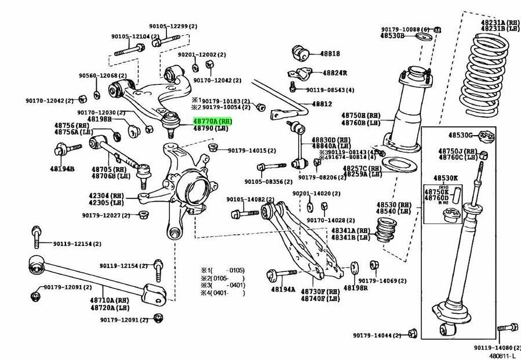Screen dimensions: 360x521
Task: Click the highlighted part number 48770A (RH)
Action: (x=212, y=121)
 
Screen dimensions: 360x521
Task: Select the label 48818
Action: (x=330, y=53)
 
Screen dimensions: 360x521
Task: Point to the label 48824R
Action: (x=334, y=73)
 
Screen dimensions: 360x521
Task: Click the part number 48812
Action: (x=322, y=104)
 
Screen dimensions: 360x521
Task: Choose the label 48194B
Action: (x=63, y=169)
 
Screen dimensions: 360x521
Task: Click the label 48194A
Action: (x=283, y=289)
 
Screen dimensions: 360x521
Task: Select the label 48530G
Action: (x=461, y=136)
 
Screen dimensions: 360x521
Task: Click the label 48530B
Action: (x=392, y=35)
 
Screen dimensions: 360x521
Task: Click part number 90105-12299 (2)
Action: (x=173, y=26)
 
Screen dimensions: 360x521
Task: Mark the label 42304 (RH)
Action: (x=107, y=195)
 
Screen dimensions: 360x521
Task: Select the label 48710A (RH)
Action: (x=109, y=300)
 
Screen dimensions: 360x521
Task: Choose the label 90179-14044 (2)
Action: (x=378, y=335)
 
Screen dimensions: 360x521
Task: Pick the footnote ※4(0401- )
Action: (x=223, y=293)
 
